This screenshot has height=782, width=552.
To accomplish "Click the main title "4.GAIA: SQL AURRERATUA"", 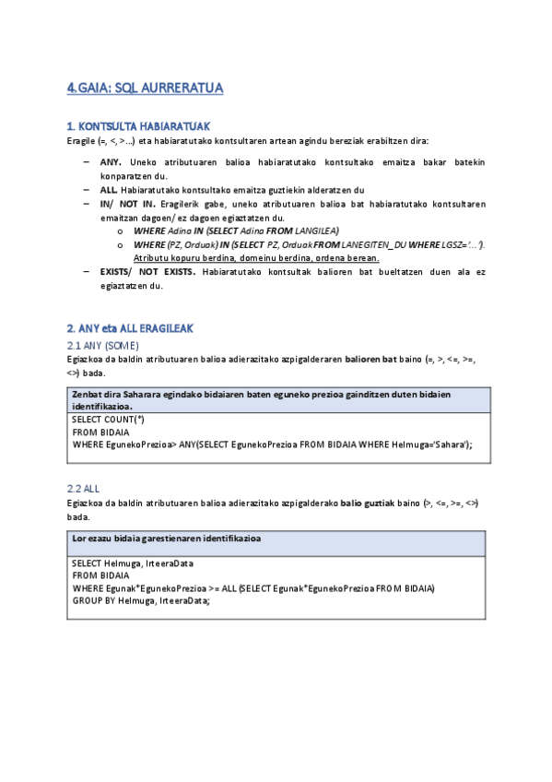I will [146, 89].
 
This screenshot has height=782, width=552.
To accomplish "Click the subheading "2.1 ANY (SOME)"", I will [103, 345].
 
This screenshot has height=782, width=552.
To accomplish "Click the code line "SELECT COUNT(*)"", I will [108, 419].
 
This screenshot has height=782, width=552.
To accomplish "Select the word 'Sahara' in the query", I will [449, 444].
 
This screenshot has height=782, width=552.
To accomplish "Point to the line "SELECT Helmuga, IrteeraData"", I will [134, 563].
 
